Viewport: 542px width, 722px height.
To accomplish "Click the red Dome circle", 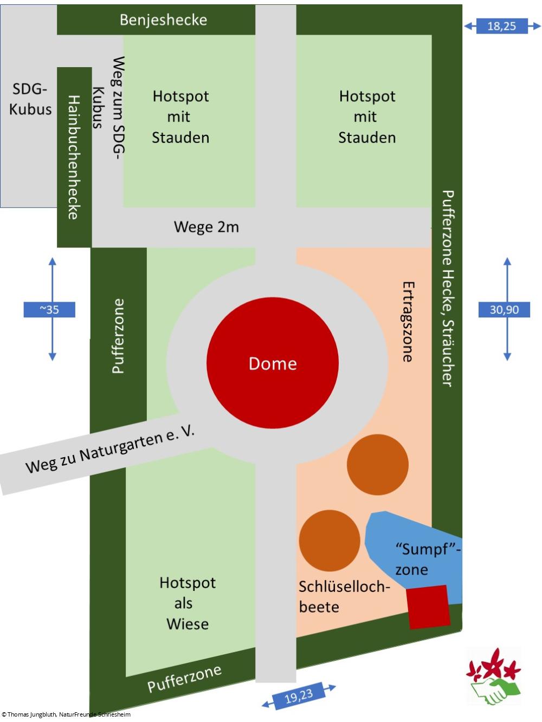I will coord(273,363).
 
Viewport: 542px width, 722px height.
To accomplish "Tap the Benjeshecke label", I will coord(163,20).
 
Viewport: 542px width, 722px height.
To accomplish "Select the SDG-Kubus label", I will coord(30,99).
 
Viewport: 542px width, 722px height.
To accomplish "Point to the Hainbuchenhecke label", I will coord(74,157).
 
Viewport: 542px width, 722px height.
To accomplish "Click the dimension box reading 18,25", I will coord(501,26).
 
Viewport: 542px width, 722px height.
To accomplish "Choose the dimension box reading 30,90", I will coord(504,310).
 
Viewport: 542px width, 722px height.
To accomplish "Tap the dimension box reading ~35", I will coord(49,310).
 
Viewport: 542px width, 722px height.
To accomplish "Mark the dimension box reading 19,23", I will coord(299,695).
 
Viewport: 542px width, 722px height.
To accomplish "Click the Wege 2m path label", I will coord(206,227).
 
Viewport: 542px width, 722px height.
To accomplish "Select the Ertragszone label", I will coord(408,321).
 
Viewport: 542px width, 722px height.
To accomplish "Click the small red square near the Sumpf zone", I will coord(429,607).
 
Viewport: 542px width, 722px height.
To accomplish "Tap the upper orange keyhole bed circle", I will coord(377,464).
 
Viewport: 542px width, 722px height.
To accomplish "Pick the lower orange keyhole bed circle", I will coord(330,540).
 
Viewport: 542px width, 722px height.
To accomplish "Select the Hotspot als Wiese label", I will coord(188,603).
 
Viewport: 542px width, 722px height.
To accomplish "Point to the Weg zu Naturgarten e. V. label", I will coord(110,449).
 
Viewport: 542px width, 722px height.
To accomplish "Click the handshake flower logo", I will coord(493,676).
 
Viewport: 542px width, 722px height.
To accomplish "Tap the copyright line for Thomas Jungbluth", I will coord(66,714).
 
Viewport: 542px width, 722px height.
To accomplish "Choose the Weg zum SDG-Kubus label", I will coord(108,108).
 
